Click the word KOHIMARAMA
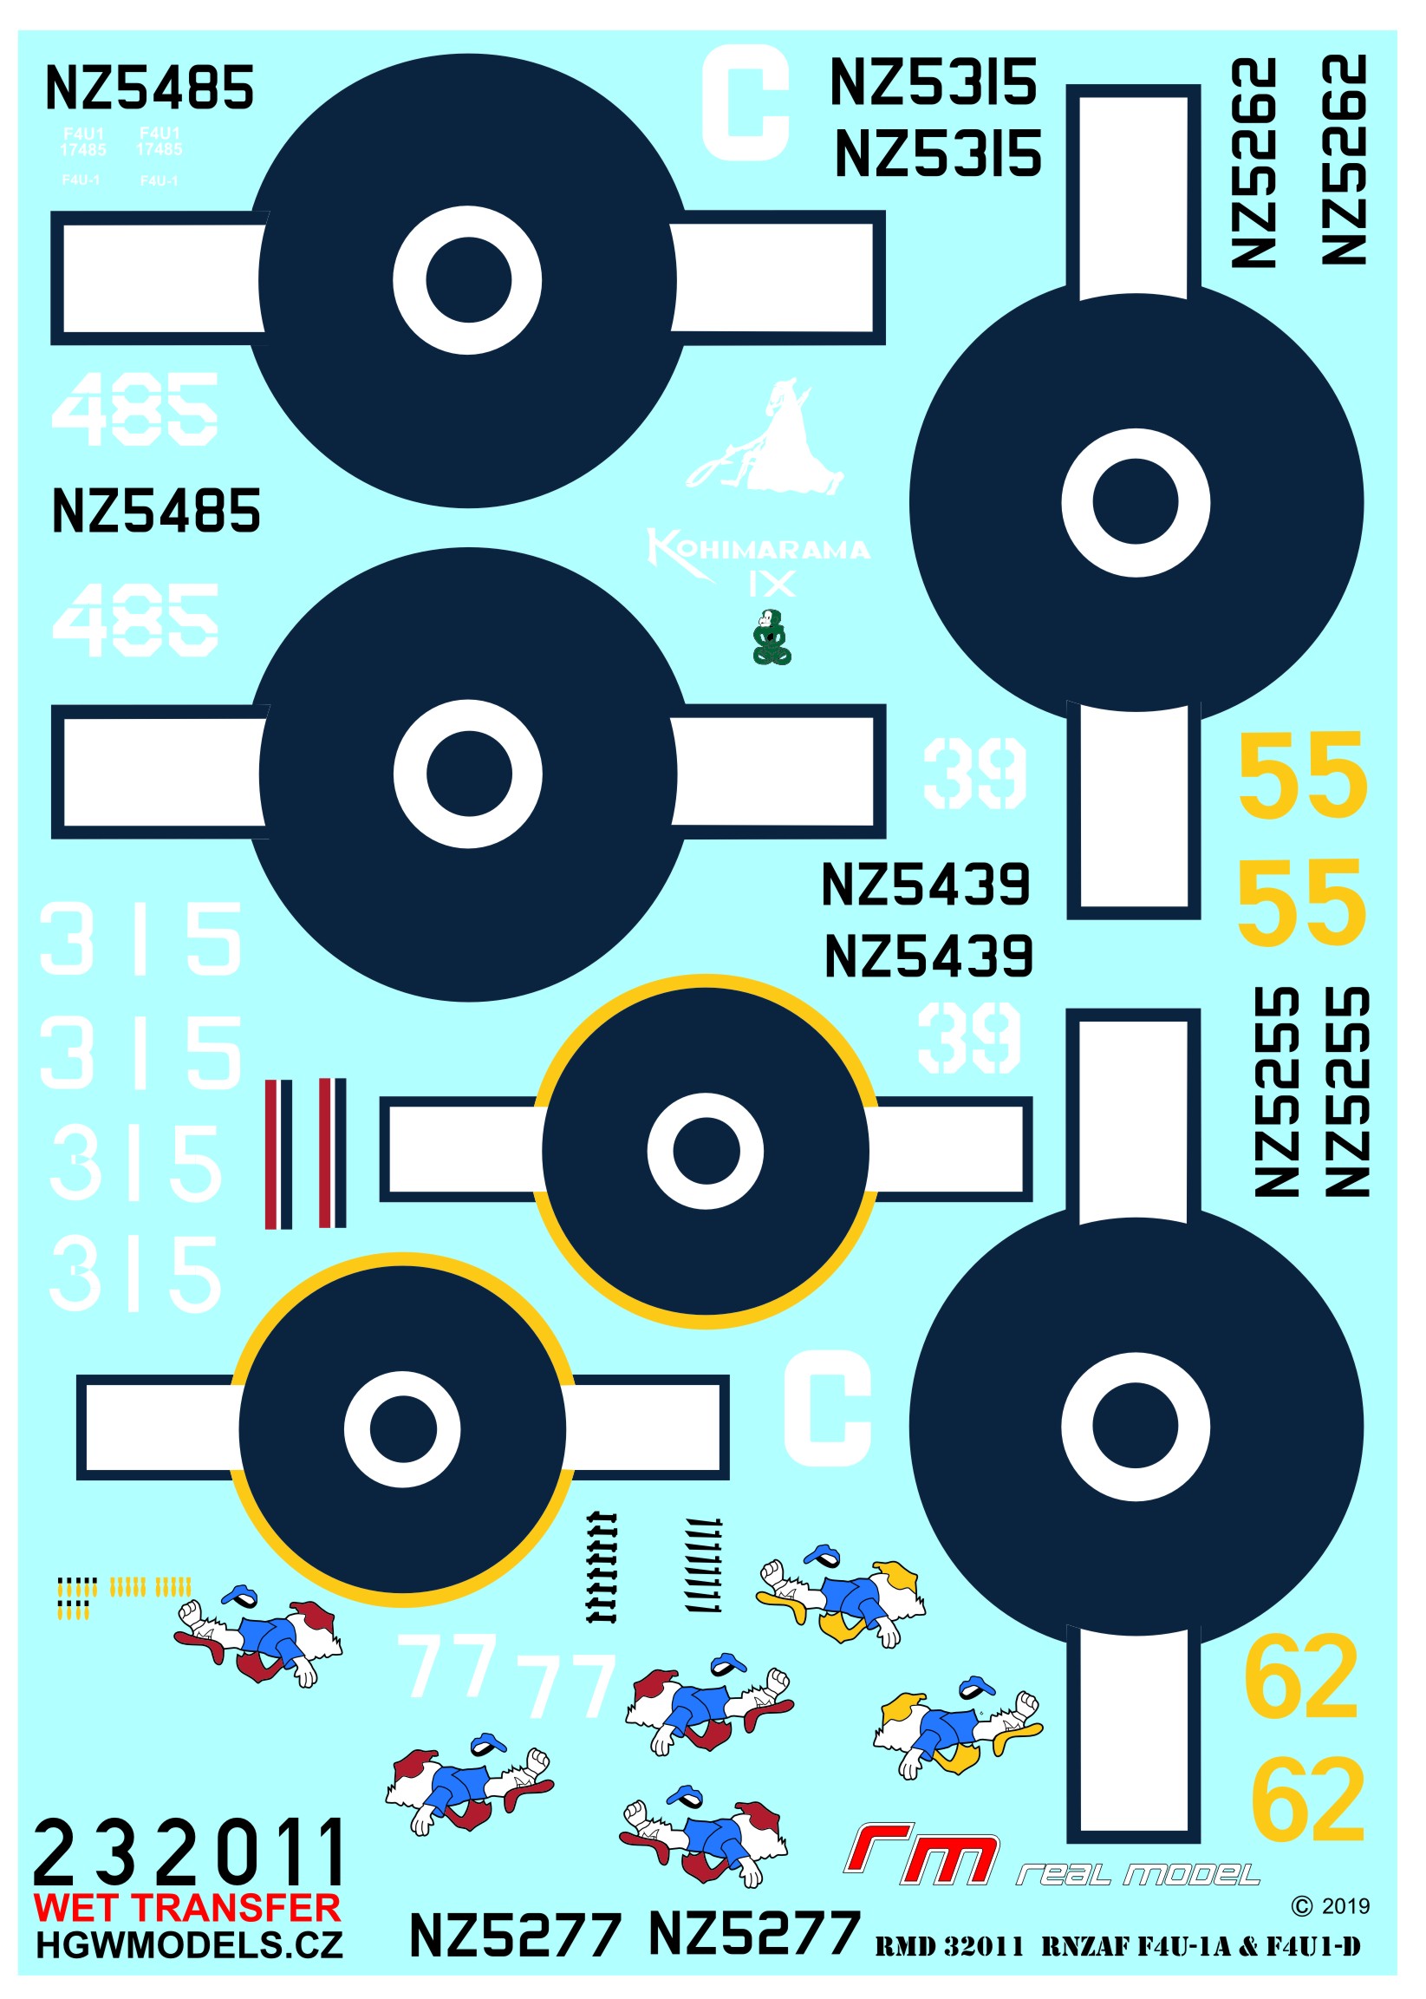point(759,550)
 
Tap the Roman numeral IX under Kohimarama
point(772,584)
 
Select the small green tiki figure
point(772,637)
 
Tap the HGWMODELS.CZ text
point(189,1945)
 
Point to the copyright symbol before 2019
point(1301,1906)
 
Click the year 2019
point(1345,1906)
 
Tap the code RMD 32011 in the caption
point(949,1947)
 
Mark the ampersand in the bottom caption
point(1247,1947)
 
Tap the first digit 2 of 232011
point(55,1853)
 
